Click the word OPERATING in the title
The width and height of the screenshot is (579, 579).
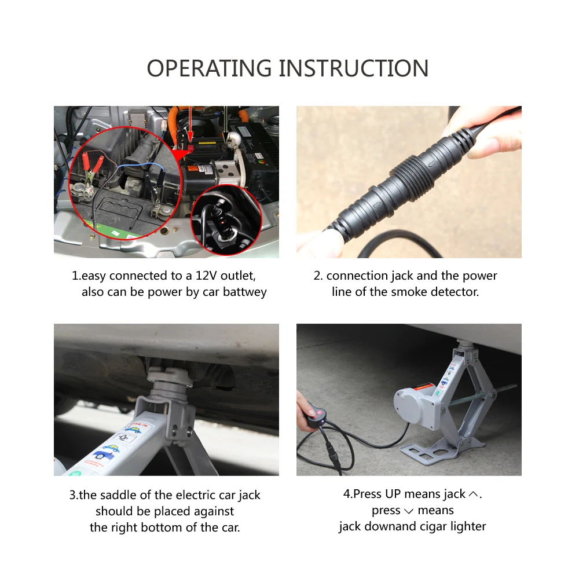209,68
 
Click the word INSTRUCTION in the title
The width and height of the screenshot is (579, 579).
353,68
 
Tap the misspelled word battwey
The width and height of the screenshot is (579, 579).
245,292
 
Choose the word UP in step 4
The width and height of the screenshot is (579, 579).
393,494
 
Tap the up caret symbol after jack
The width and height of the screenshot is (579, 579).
473,494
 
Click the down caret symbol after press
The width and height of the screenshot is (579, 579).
409,511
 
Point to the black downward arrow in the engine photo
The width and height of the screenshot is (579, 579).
225,124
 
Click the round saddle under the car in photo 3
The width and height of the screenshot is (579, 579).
170,378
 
